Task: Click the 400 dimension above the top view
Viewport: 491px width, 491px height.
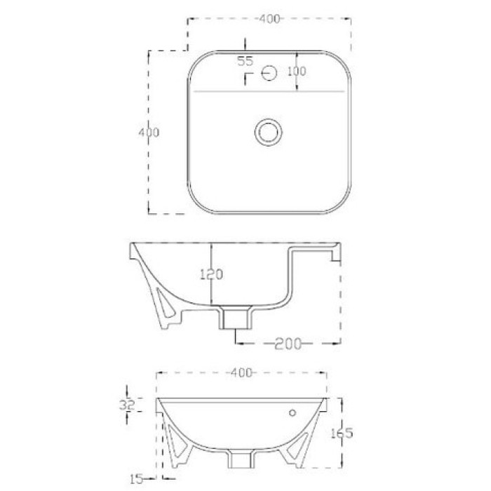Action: click(269, 19)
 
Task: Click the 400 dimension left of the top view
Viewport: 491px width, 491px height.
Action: click(149, 133)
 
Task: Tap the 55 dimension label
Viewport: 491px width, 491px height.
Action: click(245, 62)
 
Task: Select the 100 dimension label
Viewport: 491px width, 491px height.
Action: click(297, 72)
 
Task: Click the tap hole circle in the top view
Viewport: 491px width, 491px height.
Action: click(269, 73)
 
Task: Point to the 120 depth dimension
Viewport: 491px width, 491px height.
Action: click(212, 274)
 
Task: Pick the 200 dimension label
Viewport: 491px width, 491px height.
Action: click(288, 344)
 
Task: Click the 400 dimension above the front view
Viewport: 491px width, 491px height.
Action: click(241, 372)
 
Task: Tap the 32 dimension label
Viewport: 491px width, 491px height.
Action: click(127, 405)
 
